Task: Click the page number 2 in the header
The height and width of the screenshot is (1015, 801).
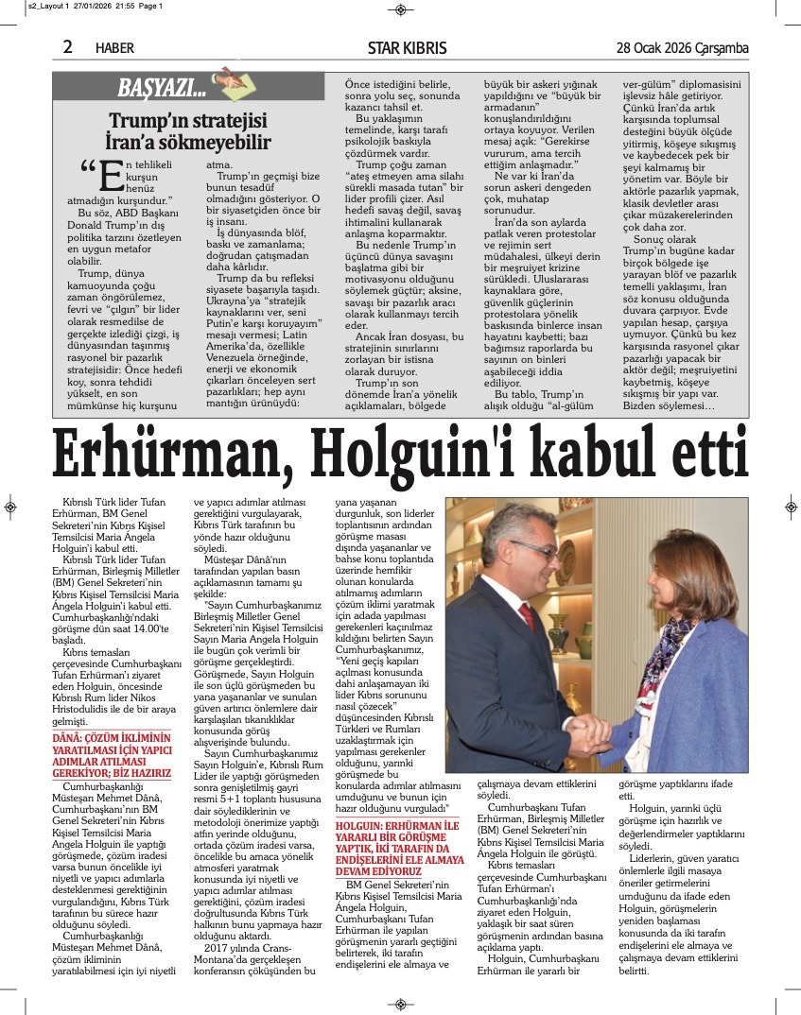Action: click(x=67, y=46)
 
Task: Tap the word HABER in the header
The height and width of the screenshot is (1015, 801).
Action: click(x=114, y=47)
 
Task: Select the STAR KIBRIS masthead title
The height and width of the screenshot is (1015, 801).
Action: click(x=408, y=47)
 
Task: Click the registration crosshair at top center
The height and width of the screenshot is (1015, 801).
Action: click(x=400, y=9)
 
